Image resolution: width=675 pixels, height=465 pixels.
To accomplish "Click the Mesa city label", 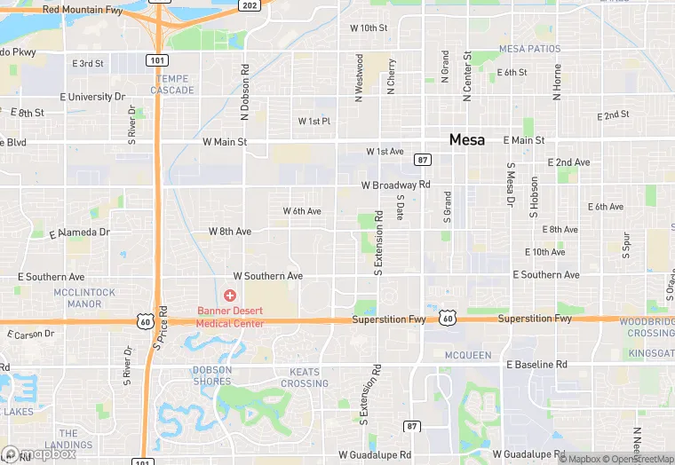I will click(466, 139).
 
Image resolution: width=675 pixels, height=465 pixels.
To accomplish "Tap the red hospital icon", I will click(230, 295).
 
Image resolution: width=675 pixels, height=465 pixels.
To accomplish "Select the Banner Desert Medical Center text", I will click(230, 316).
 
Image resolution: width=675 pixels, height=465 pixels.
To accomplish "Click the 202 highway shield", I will click(250, 5).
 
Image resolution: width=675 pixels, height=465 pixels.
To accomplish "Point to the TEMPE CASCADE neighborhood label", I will click(172, 85).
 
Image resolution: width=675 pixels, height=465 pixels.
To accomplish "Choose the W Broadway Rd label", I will click(395, 185).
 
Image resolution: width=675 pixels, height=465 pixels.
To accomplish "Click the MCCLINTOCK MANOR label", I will click(84, 297).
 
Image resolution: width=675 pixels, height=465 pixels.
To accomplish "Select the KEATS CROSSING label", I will click(304, 377).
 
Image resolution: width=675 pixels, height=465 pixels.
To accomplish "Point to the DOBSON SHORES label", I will click(212, 375).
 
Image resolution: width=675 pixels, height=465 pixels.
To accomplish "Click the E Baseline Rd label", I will click(536, 365).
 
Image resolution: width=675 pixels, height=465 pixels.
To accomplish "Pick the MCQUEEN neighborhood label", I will click(467, 355).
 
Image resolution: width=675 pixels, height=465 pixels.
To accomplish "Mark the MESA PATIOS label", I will click(530, 48).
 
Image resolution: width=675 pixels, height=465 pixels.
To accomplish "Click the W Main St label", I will click(224, 141).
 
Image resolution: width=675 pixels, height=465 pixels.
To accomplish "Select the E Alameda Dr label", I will click(79, 232).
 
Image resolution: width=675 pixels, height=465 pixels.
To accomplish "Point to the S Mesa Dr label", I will click(511, 185).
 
